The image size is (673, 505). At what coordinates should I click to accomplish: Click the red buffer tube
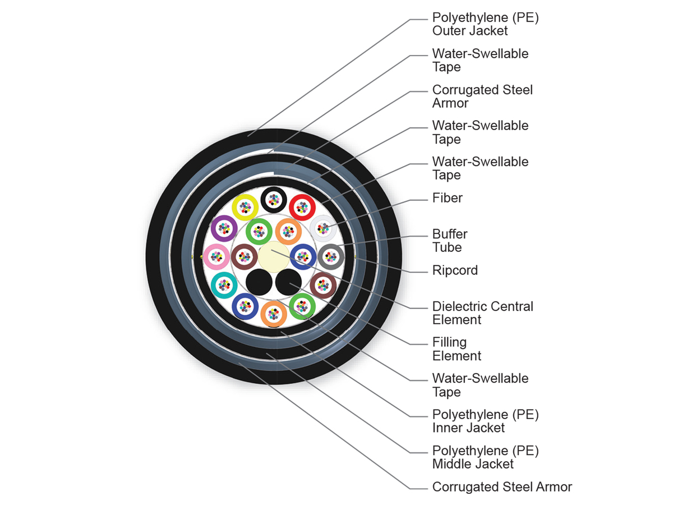click(x=303, y=207)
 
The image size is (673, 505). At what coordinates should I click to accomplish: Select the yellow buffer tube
click(x=245, y=207)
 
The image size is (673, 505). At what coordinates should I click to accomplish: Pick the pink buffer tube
click(x=216, y=256)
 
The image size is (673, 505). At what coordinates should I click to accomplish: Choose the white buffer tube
click(x=323, y=228)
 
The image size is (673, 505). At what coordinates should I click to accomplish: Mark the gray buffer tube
click(x=331, y=256)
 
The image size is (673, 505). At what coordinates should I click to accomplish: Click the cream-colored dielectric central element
click(x=273, y=258)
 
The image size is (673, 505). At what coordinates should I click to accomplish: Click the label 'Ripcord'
click(x=455, y=270)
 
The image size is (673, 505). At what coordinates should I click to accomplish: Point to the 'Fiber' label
click(x=447, y=198)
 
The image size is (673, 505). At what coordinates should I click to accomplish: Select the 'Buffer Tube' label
click(x=449, y=241)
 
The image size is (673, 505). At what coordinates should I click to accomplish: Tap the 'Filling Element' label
click(x=457, y=349)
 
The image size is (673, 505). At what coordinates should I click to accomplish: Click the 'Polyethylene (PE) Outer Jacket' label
click(x=485, y=24)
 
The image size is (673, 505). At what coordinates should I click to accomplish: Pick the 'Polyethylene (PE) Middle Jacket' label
click(x=485, y=457)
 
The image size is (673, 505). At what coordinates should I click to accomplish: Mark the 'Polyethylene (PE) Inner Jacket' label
click(x=485, y=421)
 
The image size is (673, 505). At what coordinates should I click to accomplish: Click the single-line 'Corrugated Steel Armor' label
click(x=502, y=487)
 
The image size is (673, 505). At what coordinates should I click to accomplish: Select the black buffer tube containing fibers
click(x=274, y=199)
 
